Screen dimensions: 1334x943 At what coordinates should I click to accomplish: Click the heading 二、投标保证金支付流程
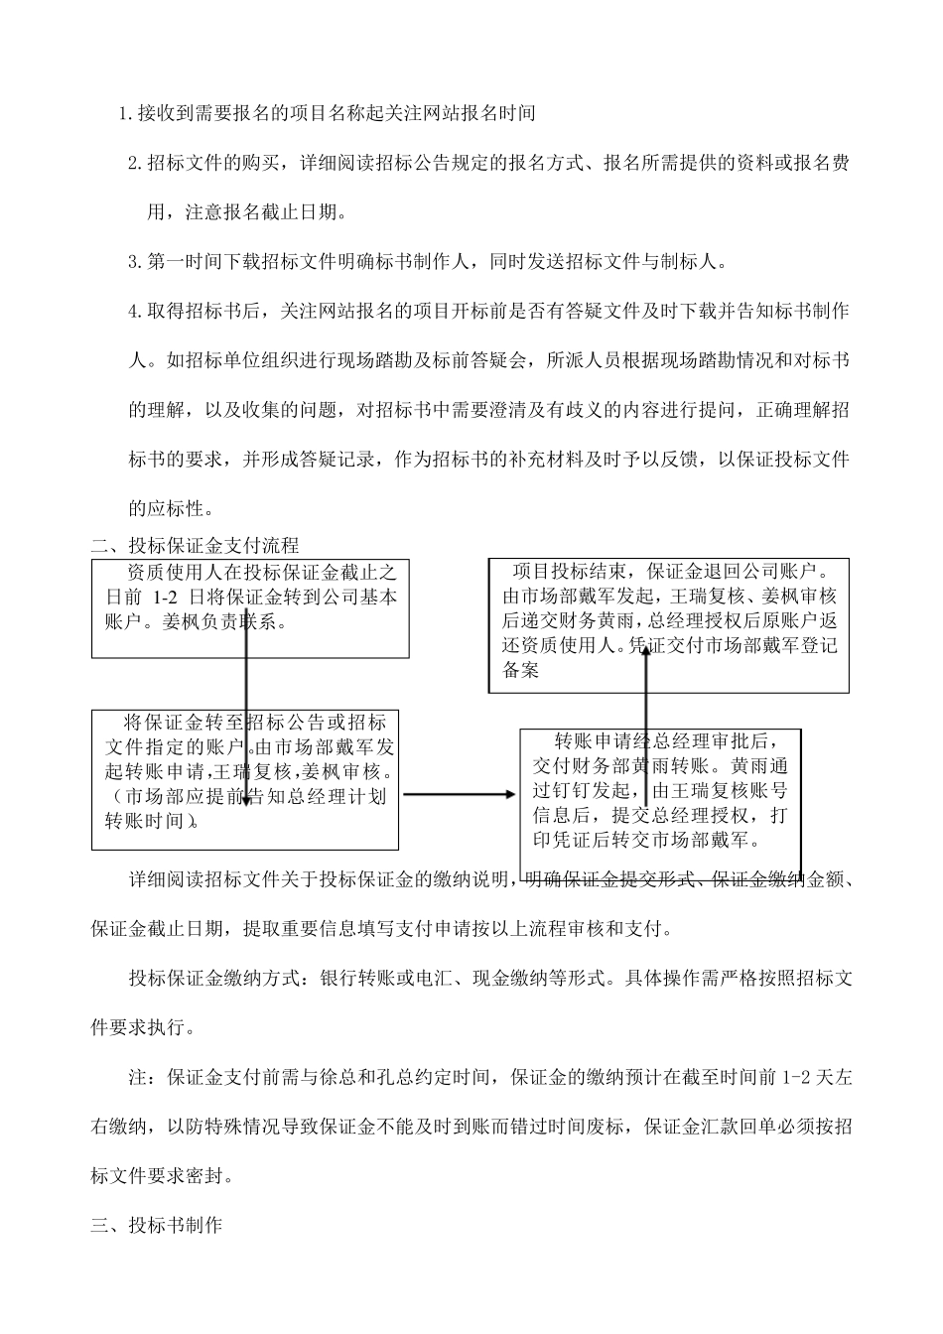click(195, 545)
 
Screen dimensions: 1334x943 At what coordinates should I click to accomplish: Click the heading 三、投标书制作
click(156, 1225)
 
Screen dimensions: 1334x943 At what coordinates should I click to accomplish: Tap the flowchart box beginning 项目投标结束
click(668, 624)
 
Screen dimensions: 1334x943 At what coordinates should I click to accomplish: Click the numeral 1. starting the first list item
click(125, 113)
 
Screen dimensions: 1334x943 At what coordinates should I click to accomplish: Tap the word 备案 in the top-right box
click(520, 671)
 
